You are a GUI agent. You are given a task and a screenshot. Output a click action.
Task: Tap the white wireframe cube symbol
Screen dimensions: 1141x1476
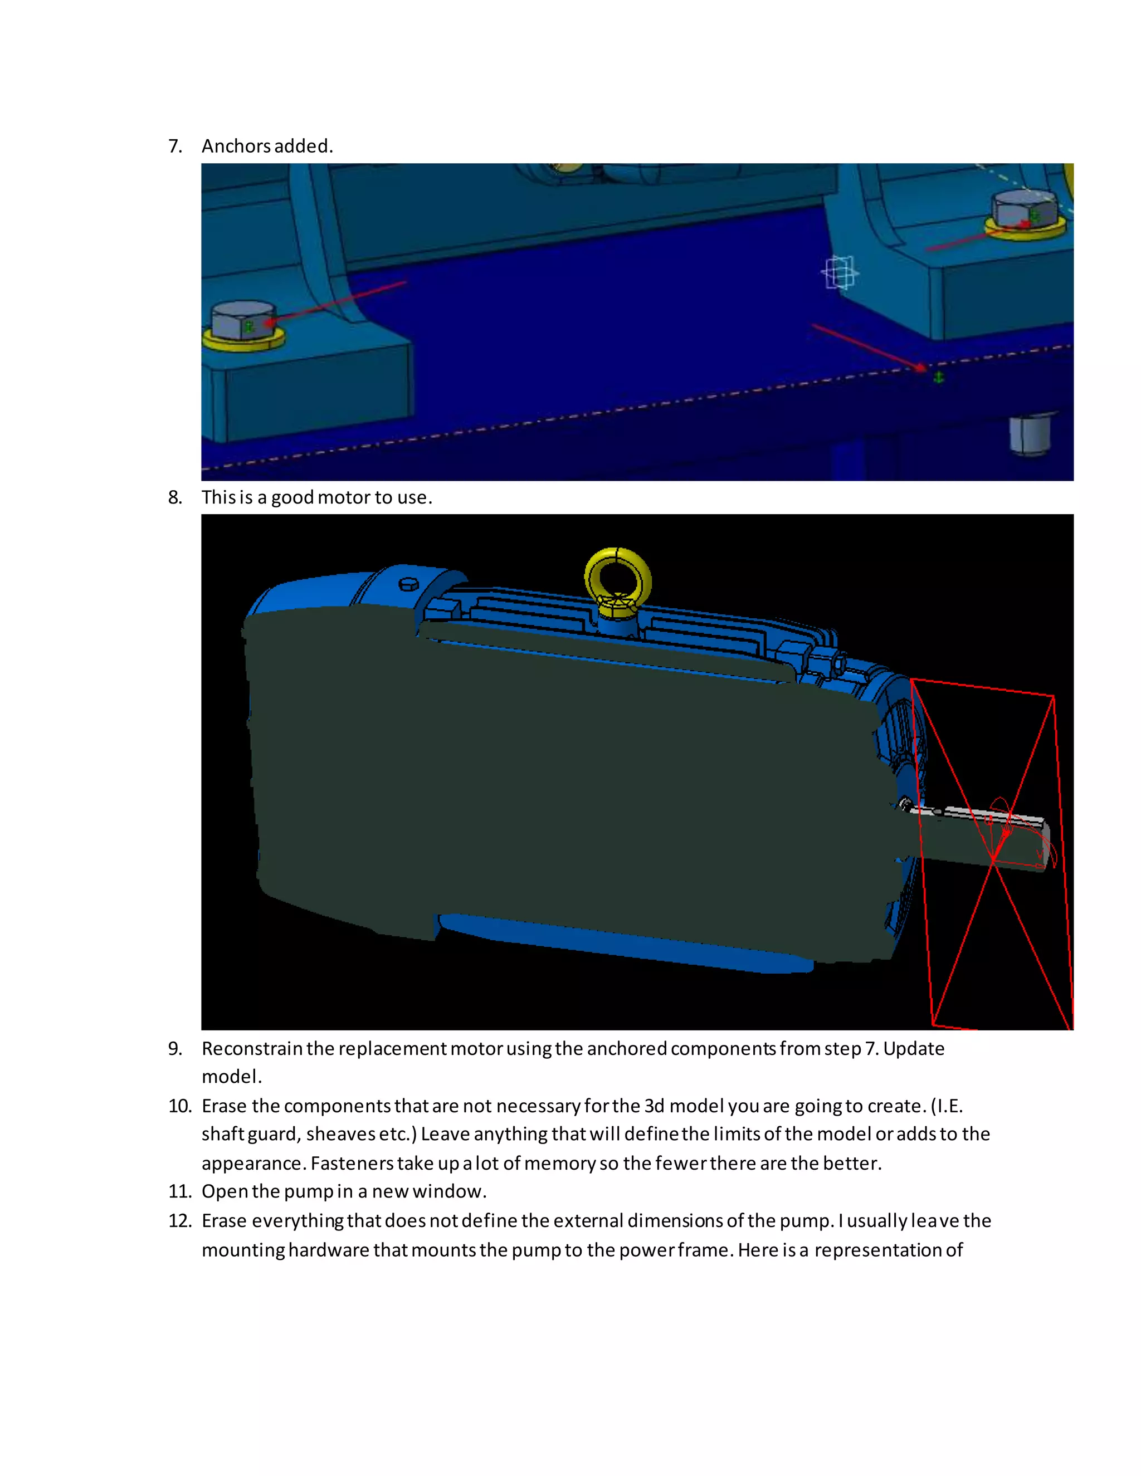click(840, 272)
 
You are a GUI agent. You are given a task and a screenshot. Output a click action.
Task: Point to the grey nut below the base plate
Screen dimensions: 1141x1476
click(1031, 434)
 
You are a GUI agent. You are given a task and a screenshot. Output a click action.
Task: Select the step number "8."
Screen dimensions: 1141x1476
click(175, 497)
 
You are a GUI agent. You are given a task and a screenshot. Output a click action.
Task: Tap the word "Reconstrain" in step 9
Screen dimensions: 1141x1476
click(252, 1048)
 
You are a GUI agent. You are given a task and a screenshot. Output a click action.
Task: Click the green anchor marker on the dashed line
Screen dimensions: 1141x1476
click(938, 377)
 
